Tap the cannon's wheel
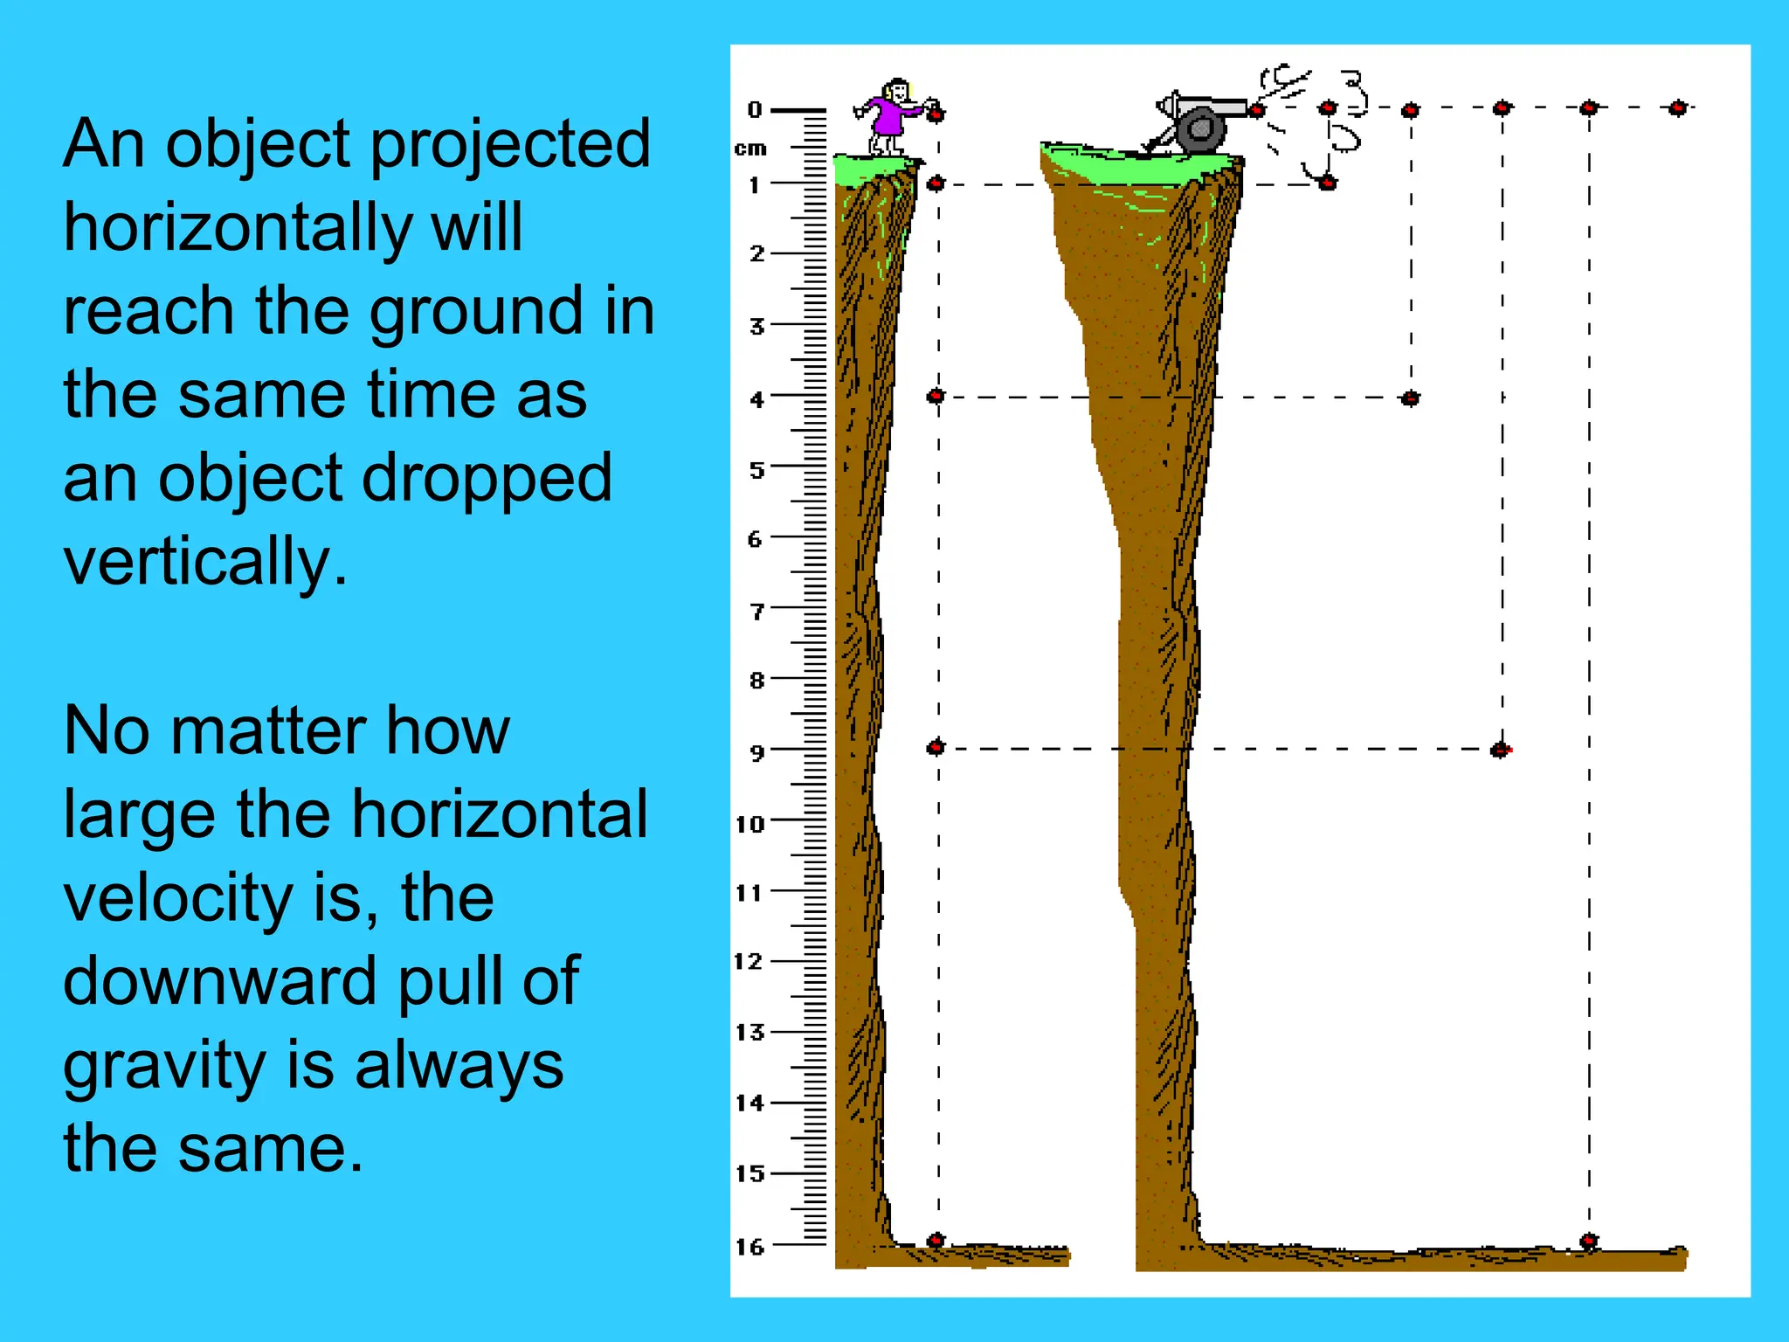(x=1201, y=130)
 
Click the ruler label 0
(x=755, y=110)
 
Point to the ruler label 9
(x=756, y=752)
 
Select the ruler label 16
(x=749, y=1247)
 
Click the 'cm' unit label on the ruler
(x=750, y=149)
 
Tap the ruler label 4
(x=756, y=399)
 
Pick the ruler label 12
(x=749, y=962)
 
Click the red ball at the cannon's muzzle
(x=1257, y=110)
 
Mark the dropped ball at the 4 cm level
(x=936, y=397)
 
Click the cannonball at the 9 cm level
(x=1500, y=750)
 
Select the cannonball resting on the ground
(x=1589, y=1241)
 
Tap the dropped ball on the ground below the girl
(x=936, y=1240)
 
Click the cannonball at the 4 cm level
(x=1410, y=398)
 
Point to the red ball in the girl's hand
(x=936, y=114)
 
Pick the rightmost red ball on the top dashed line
(x=1677, y=108)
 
